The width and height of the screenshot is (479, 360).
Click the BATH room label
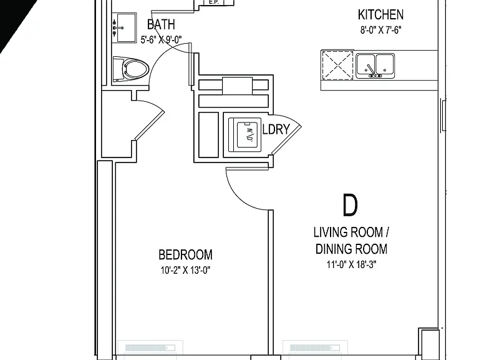click(161, 25)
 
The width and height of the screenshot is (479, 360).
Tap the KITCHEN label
click(380, 15)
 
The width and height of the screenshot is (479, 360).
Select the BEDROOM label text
click(185, 255)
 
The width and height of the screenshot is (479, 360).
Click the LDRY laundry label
click(276, 129)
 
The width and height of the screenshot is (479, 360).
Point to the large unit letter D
click(350, 205)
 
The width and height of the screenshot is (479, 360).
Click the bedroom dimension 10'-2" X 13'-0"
click(185, 270)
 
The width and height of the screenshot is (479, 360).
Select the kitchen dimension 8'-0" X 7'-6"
click(380, 30)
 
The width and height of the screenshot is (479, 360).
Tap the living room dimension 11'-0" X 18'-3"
click(351, 264)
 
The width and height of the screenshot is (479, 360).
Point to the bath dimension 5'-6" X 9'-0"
click(161, 40)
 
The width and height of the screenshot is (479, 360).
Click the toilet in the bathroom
click(131, 69)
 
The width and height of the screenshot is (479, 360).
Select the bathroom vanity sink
click(124, 27)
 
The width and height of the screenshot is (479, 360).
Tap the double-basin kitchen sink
click(375, 66)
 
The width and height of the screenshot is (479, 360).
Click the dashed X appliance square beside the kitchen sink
click(337, 66)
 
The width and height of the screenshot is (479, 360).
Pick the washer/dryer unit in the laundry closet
click(245, 135)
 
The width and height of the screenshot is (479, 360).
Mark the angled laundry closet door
click(286, 140)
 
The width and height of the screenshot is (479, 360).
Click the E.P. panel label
click(213, 2)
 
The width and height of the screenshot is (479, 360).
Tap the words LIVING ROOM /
click(351, 232)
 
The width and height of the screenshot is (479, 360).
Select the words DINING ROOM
click(351, 249)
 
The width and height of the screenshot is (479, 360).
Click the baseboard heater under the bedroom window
click(150, 347)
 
